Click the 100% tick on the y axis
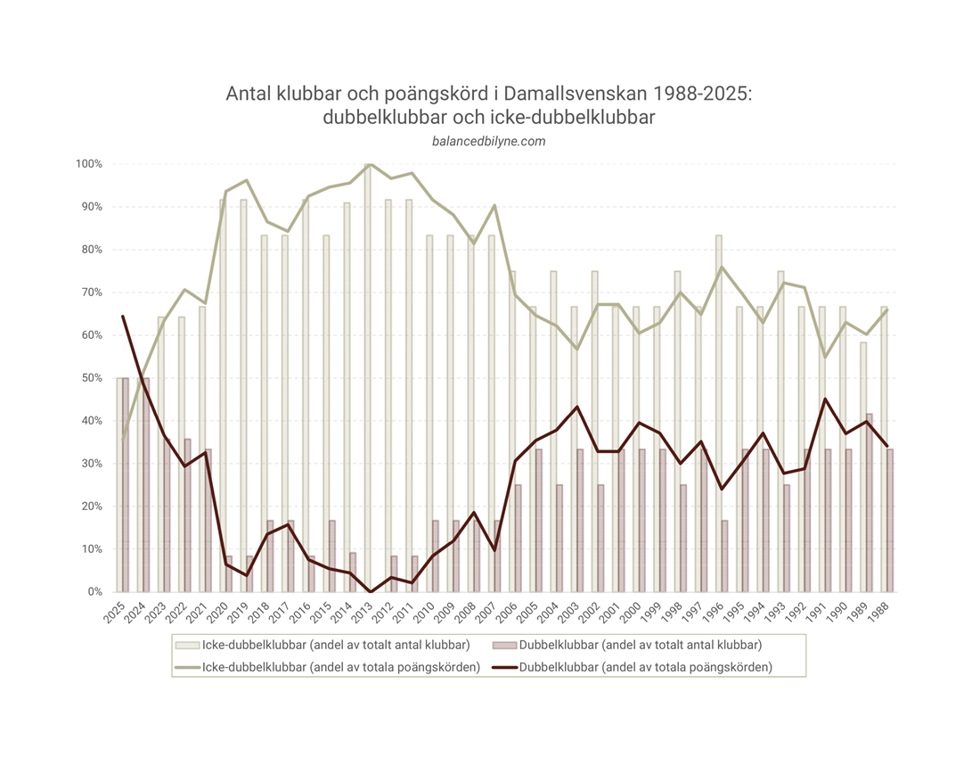tap(89, 164)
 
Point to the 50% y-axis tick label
tap(92, 378)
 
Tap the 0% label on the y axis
tap(95, 592)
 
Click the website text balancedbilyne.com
tap(488, 141)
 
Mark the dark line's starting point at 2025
tap(123, 316)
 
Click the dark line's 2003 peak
tap(577, 407)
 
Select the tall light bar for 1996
tap(718, 410)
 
